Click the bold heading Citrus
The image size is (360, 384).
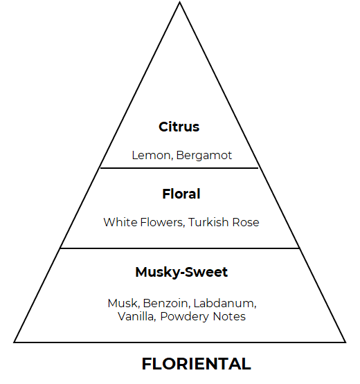point(179,127)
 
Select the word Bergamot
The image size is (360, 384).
point(204,156)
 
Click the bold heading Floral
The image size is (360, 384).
point(181,194)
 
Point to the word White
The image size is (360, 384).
point(120,222)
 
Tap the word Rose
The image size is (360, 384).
point(246,222)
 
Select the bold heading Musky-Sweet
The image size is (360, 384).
point(181,272)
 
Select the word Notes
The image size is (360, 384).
point(229,316)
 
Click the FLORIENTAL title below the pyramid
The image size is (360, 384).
point(197,364)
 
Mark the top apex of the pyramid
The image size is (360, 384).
point(179,2)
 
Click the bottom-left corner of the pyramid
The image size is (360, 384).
point(15,342)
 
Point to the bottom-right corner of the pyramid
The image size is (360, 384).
point(345,342)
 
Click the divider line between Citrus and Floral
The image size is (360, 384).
point(179,168)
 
